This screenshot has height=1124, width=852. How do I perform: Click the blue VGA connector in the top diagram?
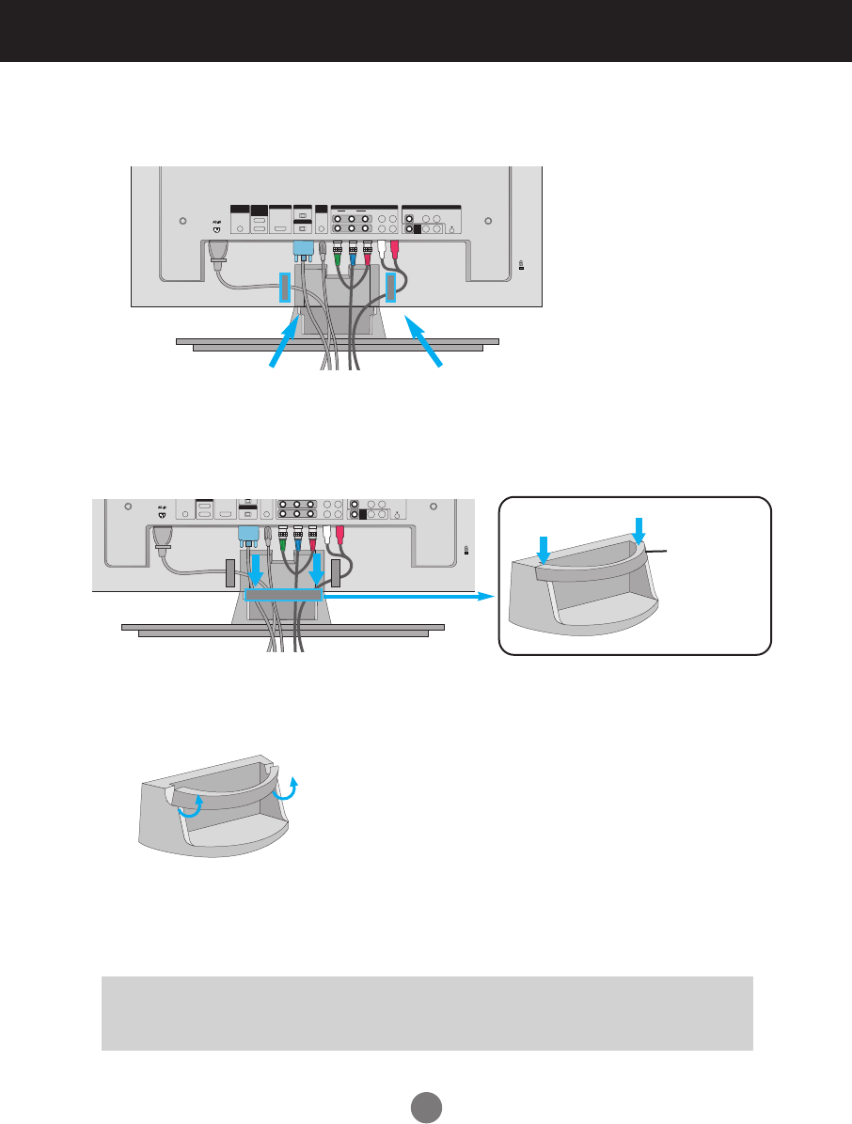304,251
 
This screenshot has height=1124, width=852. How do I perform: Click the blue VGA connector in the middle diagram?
249,537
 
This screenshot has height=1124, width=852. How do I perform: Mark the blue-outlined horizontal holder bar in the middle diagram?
283,596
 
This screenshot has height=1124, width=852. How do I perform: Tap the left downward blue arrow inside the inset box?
543,549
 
